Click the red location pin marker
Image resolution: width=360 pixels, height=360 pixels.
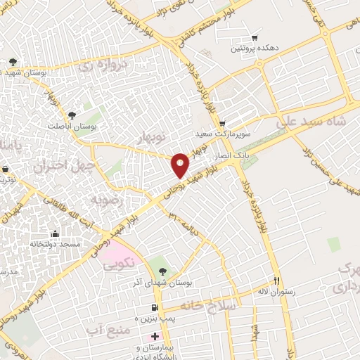[x=181, y=165]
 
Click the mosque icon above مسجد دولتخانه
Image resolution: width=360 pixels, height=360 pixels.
[x=56, y=233]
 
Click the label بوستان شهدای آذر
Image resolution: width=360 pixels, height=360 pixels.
[x=164, y=282]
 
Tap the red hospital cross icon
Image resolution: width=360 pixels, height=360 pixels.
[x=155, y=337]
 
